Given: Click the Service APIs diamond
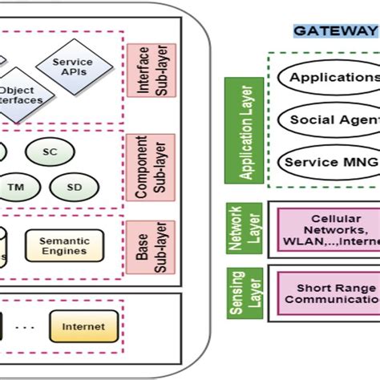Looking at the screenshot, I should [x=71, y=67].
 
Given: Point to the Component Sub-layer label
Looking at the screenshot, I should [x=145, y=167].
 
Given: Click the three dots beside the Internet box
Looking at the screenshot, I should [x=27, y=326].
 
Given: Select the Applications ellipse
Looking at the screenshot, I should [x=329, y=78].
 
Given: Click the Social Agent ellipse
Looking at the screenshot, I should [x=329, y=119].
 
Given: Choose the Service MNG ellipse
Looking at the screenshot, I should [x=329, y=161].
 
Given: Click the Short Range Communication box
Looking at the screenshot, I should [x=329, y=293].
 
